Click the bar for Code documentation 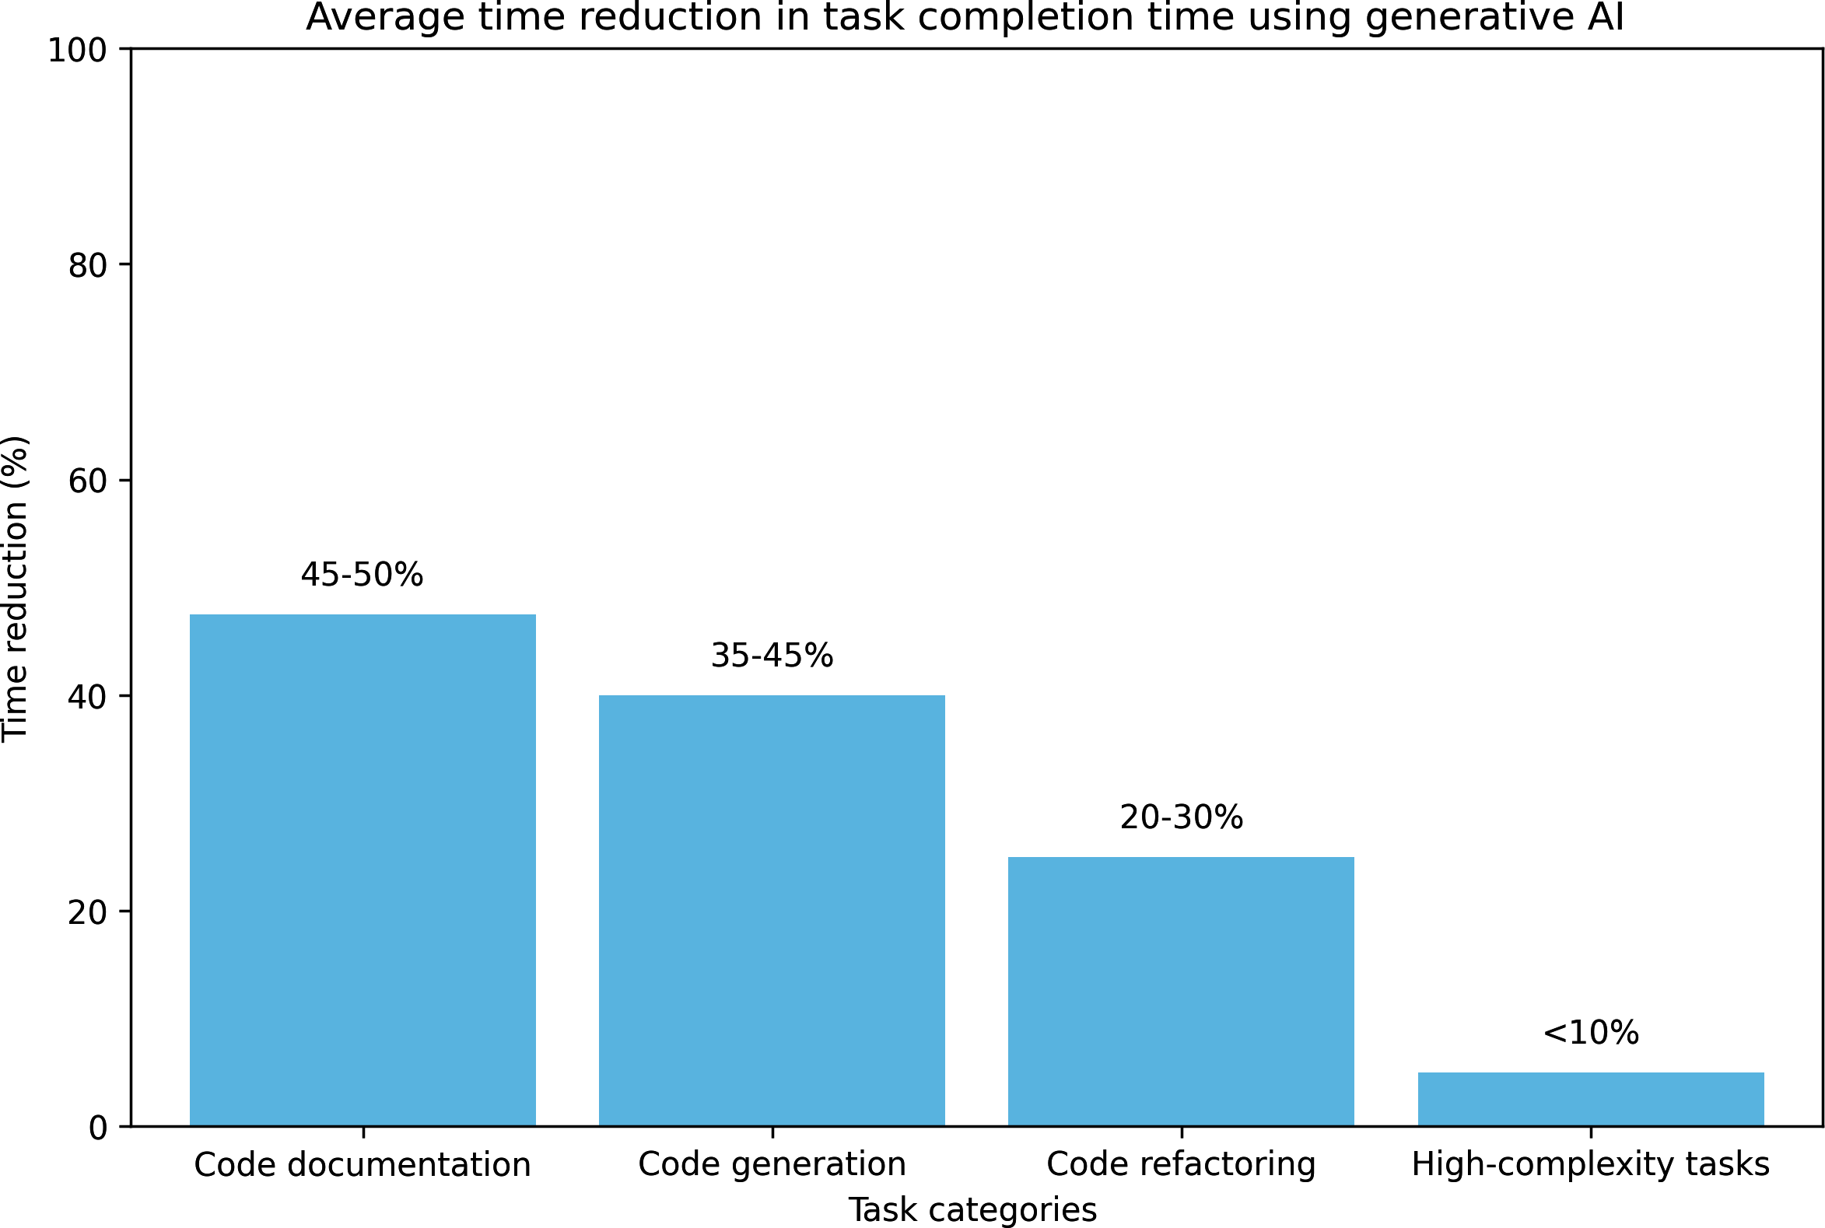click(362, 870)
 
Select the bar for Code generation click(772, 910)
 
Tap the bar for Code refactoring click(1180, 992)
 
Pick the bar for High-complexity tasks click(1590, 1099)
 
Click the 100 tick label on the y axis click(77, 51)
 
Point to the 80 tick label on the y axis click(87, 266)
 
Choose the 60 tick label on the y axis click(87, 481)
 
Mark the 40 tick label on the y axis click(87, 697)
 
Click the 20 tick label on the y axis click(87, 912)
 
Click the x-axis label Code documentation click(362, 1165)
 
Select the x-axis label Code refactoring click(1180, 1165)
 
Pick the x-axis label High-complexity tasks click(1590, 1165)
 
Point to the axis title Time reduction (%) click(16, 587)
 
